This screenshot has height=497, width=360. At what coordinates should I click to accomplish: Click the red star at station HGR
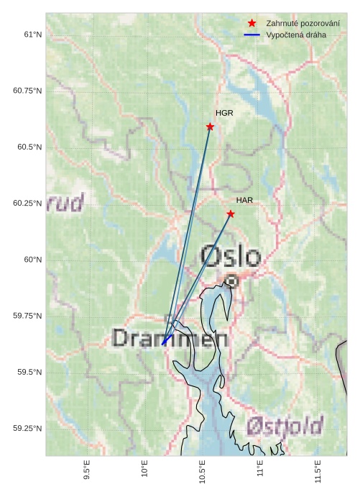pyautogui.click(x=210, y=127)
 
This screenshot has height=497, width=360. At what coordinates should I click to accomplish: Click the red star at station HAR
pyautogui.click(x=231, y=214)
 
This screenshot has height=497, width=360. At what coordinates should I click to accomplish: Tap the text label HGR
pyautogui.click(x=224, y=113)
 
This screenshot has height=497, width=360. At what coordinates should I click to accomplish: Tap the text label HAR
pyautogui.click(x=244, y=200)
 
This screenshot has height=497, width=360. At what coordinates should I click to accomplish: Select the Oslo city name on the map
pyautogui.click(x=231, y=256)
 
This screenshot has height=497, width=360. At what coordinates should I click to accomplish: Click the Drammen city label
pyautogui.click(x=170, y=338)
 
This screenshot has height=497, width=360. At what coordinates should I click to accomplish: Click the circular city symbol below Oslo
pyautogui.click(x=231, y=281)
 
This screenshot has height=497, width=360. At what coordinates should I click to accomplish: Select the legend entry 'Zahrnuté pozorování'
pyautogui.click(x=303, y=23)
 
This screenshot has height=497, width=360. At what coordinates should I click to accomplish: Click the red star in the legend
pyautogui.click(x=251, y=23)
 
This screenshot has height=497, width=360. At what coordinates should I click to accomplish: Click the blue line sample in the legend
pyautogui.click(x=251, y=35)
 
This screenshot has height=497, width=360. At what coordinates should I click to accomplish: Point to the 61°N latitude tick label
pyautogui.click(x=32, y=35)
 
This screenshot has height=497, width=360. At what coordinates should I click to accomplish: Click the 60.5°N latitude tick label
pyautogui.click(x=28, y=147)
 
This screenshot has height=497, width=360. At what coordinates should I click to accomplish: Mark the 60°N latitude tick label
pyautogui.click(x=32, y=260)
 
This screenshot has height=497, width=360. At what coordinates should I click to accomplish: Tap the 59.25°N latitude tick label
pyautogui.click(x=28, y=429)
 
